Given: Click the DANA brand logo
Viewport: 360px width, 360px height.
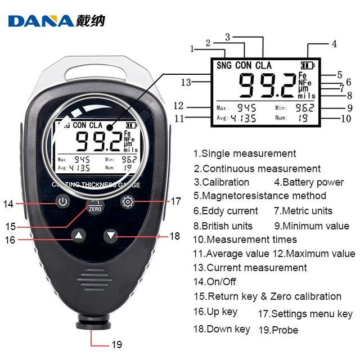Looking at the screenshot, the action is coord(56,21).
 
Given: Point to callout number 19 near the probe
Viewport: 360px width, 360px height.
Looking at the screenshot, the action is coord(115,344).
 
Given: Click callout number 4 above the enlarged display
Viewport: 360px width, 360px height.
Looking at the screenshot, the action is coord(334,43).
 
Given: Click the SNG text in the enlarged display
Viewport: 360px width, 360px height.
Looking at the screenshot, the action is coord(223,65).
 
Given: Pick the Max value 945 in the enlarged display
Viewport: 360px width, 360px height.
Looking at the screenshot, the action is coord(246,107).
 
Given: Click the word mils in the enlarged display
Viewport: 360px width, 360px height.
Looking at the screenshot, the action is coord(307,96).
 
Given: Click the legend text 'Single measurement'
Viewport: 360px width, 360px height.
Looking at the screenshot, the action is coord(248,154).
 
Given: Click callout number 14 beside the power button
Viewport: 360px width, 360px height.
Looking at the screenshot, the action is coord(8,204).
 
